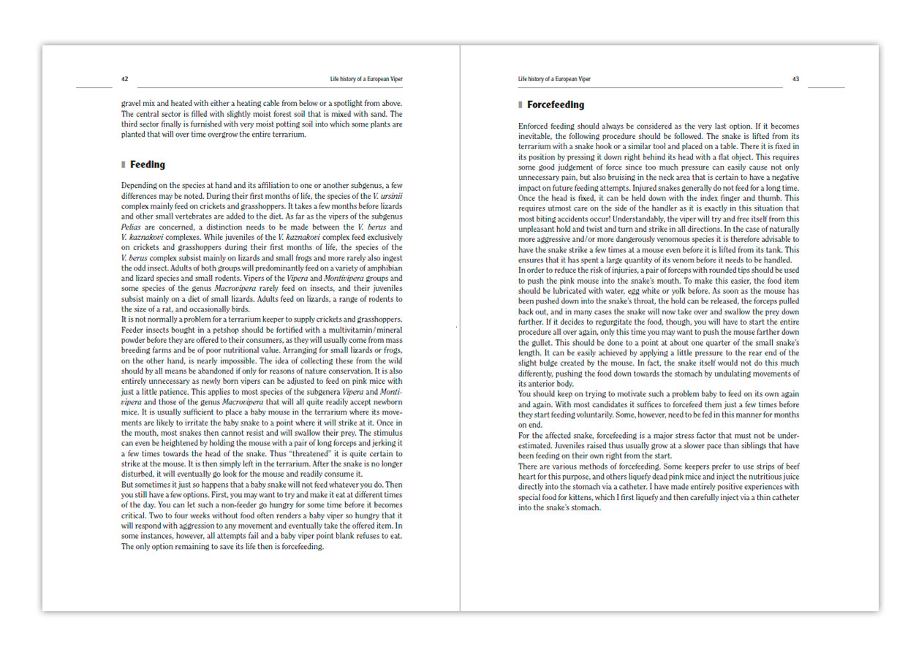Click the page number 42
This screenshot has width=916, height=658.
125,79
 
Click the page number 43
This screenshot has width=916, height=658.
795,79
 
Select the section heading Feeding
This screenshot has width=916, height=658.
148,165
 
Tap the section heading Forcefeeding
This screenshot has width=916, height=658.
556,105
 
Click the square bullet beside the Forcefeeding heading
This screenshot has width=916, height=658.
521,105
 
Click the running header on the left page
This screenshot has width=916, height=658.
366,79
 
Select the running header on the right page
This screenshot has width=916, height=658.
554,79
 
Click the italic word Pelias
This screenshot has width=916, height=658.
132,227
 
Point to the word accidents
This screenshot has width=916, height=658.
576,219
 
